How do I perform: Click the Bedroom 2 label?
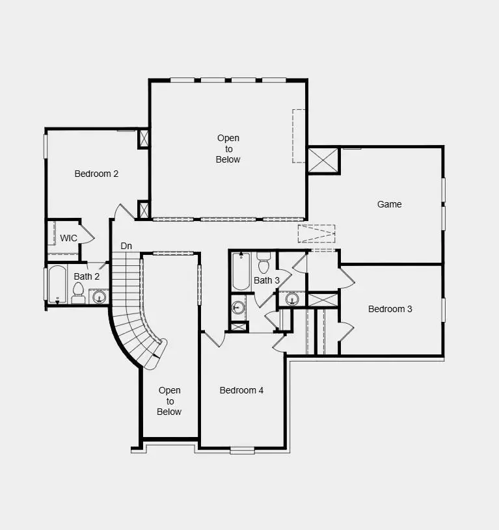96,174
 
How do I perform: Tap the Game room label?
389,204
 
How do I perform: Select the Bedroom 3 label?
390,309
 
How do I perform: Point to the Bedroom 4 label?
241,390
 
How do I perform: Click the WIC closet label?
68,238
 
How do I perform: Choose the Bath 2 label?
87,276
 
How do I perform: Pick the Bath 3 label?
267,280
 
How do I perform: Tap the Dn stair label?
127,246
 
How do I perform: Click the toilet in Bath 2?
78,295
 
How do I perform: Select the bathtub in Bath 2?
57,284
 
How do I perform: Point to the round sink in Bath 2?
99,297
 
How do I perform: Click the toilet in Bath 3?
263,263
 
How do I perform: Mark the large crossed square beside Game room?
323,160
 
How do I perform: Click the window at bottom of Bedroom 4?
242,449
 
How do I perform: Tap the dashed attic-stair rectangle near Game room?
317,233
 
